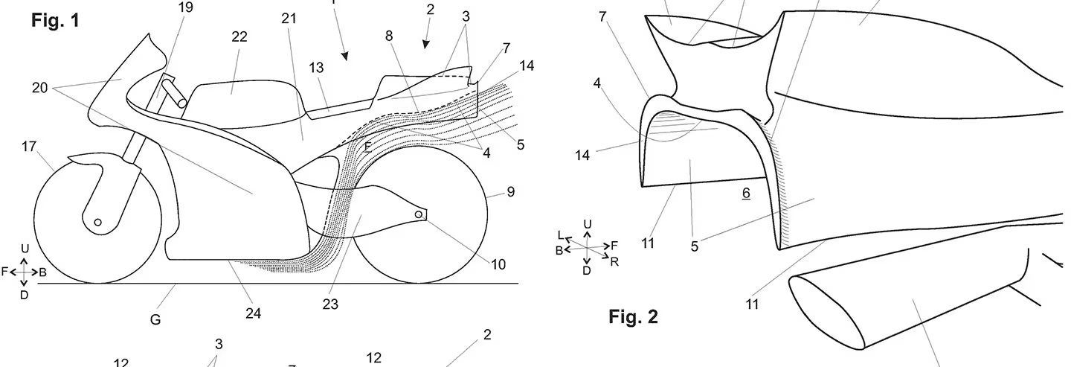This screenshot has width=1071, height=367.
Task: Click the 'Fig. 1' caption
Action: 55,20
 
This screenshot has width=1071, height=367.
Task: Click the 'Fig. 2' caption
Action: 633,317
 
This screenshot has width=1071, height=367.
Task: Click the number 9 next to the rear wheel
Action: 510,193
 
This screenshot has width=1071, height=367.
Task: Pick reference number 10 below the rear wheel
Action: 498,264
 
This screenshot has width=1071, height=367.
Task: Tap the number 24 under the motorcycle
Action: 253,313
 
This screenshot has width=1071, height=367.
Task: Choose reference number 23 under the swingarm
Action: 330,303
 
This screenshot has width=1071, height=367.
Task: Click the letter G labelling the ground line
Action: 155,319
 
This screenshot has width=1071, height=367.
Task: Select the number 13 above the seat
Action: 317,68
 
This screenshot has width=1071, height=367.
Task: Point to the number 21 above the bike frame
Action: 289,19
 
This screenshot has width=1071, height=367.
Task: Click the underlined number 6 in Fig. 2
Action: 746,193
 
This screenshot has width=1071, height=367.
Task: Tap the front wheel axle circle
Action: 97,222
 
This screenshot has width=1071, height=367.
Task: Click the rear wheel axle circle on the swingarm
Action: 418,215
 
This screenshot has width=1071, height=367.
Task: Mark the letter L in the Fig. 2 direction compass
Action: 561,235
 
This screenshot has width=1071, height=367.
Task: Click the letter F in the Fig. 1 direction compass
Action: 4,272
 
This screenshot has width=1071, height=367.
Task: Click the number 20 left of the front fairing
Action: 39,88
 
